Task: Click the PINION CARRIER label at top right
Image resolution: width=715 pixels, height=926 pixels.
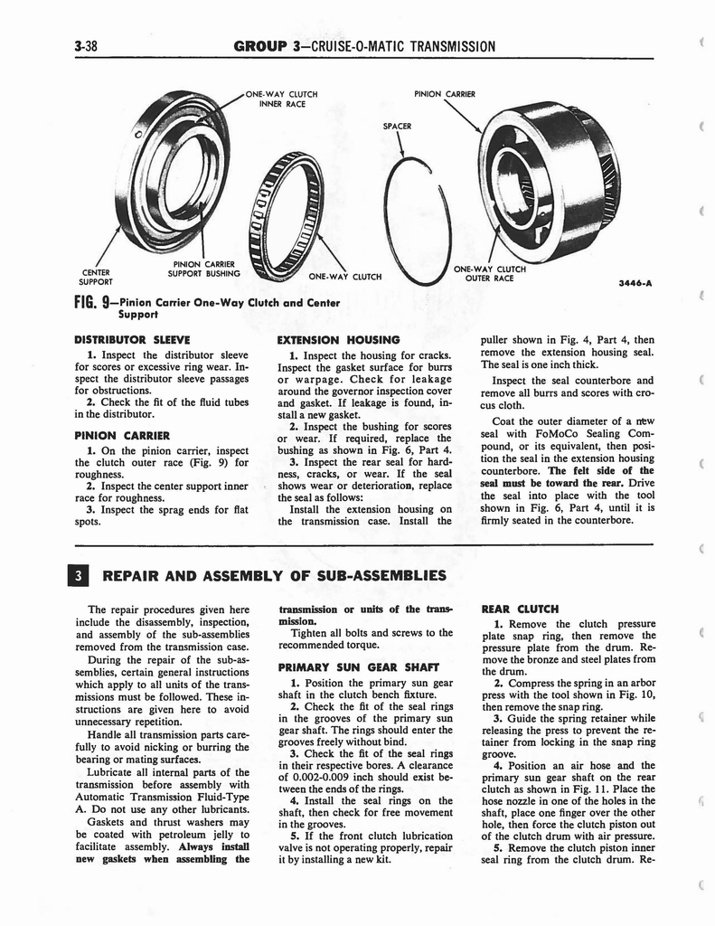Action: (x=444, y=93)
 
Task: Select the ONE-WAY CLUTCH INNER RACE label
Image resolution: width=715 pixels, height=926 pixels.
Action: (x=282, y=99)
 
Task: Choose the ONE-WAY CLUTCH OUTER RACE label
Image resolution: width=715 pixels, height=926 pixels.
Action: (x=490, y=273)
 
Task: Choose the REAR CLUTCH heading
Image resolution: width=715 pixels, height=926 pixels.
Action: (x=521, y=609)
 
